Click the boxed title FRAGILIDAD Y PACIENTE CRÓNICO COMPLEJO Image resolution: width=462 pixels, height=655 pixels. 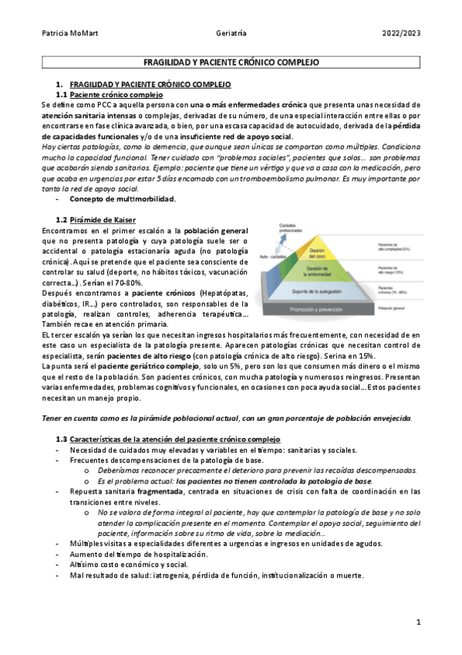(x=231, y=61)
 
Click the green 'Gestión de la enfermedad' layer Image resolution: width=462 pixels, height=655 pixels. (x=319, y=271)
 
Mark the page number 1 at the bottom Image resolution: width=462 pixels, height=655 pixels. (x=417, y=622)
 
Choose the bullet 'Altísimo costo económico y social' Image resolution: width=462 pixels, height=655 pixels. (x=123, y=565)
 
